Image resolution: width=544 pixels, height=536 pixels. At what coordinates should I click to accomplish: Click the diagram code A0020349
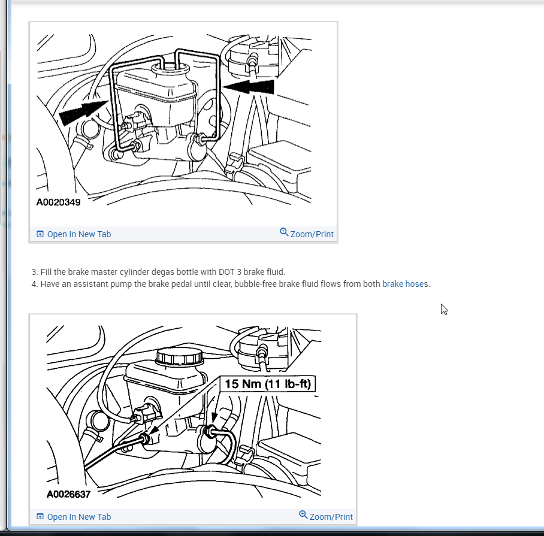[x=58, y=202]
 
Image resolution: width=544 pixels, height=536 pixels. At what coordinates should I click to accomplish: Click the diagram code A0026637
[x=68, y=494]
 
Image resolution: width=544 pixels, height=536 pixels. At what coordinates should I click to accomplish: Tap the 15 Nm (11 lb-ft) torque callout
[x=267, y=384]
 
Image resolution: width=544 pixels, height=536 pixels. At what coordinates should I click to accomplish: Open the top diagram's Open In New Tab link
[x=78, y=234]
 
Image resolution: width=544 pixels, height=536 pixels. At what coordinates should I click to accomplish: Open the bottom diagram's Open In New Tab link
[x=78, y=517]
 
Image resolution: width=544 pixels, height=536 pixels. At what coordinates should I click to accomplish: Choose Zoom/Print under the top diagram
[x=312, y=234]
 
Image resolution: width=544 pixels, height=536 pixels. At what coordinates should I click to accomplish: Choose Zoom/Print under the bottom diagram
[x=331, y=517]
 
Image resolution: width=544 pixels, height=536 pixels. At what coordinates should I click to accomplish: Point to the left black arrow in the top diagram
[x=84, y=111]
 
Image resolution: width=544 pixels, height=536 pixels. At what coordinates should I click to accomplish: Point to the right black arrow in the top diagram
[x=249, y=86]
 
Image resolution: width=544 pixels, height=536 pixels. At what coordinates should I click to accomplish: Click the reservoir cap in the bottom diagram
[x=179, y=356]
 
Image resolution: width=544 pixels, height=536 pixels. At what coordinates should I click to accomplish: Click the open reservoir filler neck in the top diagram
[x=170, y=68]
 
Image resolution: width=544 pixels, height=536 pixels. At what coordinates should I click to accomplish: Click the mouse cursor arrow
[x=444, y=309]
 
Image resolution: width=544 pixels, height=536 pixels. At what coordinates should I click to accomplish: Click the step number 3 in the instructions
[x=34, y=272]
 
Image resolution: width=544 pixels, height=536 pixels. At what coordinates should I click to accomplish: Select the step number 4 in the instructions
[x=34, y=284]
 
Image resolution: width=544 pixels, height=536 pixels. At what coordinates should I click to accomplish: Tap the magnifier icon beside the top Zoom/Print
[x=284, y=232]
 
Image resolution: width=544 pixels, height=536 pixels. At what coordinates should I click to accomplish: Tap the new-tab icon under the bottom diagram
[x=40, y=517]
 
